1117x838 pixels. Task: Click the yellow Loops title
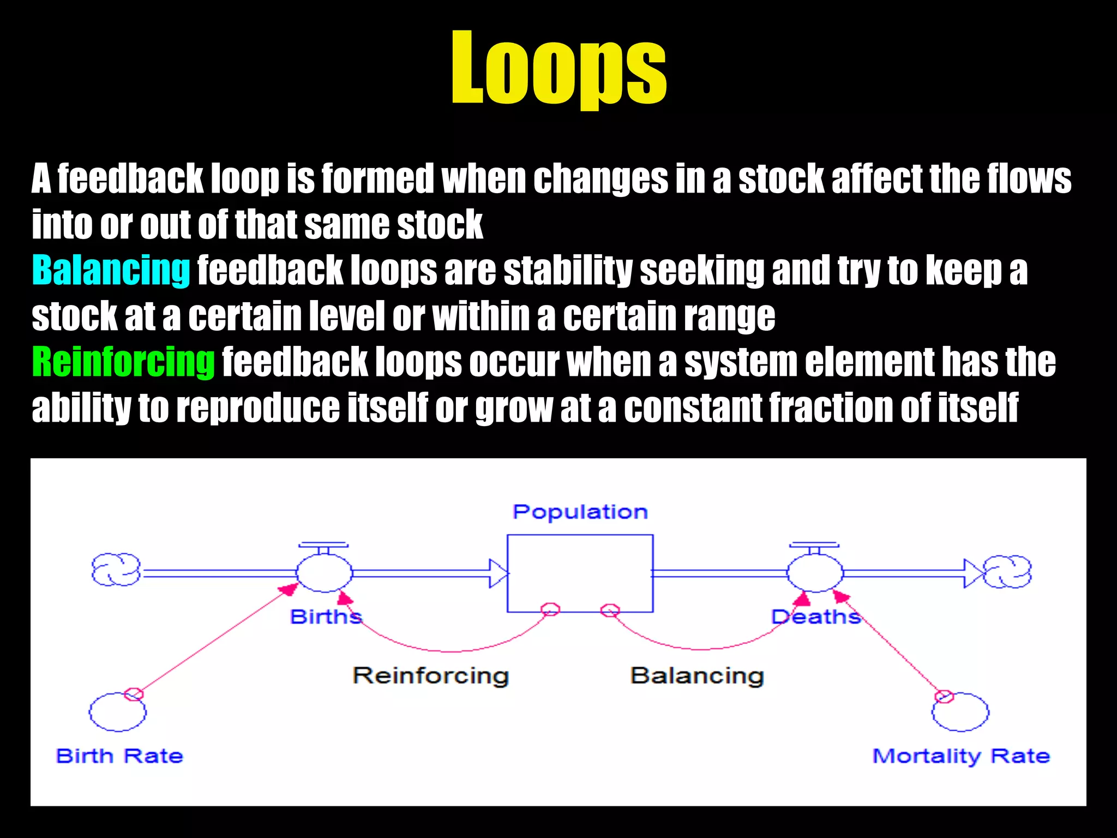coord(558,68)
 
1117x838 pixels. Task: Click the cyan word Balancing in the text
coord(111,270)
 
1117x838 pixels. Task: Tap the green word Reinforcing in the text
coord(123,362)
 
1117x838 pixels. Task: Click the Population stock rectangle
coord(580,573)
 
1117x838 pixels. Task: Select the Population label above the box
coord(580,512)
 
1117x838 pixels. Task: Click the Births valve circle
coord(325,573)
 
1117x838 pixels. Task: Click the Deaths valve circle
coord(815,573)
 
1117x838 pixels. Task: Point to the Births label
coord(326,617)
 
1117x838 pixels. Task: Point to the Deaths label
coord(815,617)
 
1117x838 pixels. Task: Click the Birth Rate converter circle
coord(117,712)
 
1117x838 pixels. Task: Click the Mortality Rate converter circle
coord(960,712)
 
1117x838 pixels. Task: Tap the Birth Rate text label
coord(119,756)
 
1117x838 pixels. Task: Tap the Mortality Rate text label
coord(961,756)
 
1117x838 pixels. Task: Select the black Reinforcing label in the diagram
coord(430,675)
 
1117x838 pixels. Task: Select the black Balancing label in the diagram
coord(697,675)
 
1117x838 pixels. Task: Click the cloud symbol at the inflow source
coord(116,570)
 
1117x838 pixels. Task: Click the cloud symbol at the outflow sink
coord(1008,572)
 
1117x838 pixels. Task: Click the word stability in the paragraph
coord(567,270)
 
